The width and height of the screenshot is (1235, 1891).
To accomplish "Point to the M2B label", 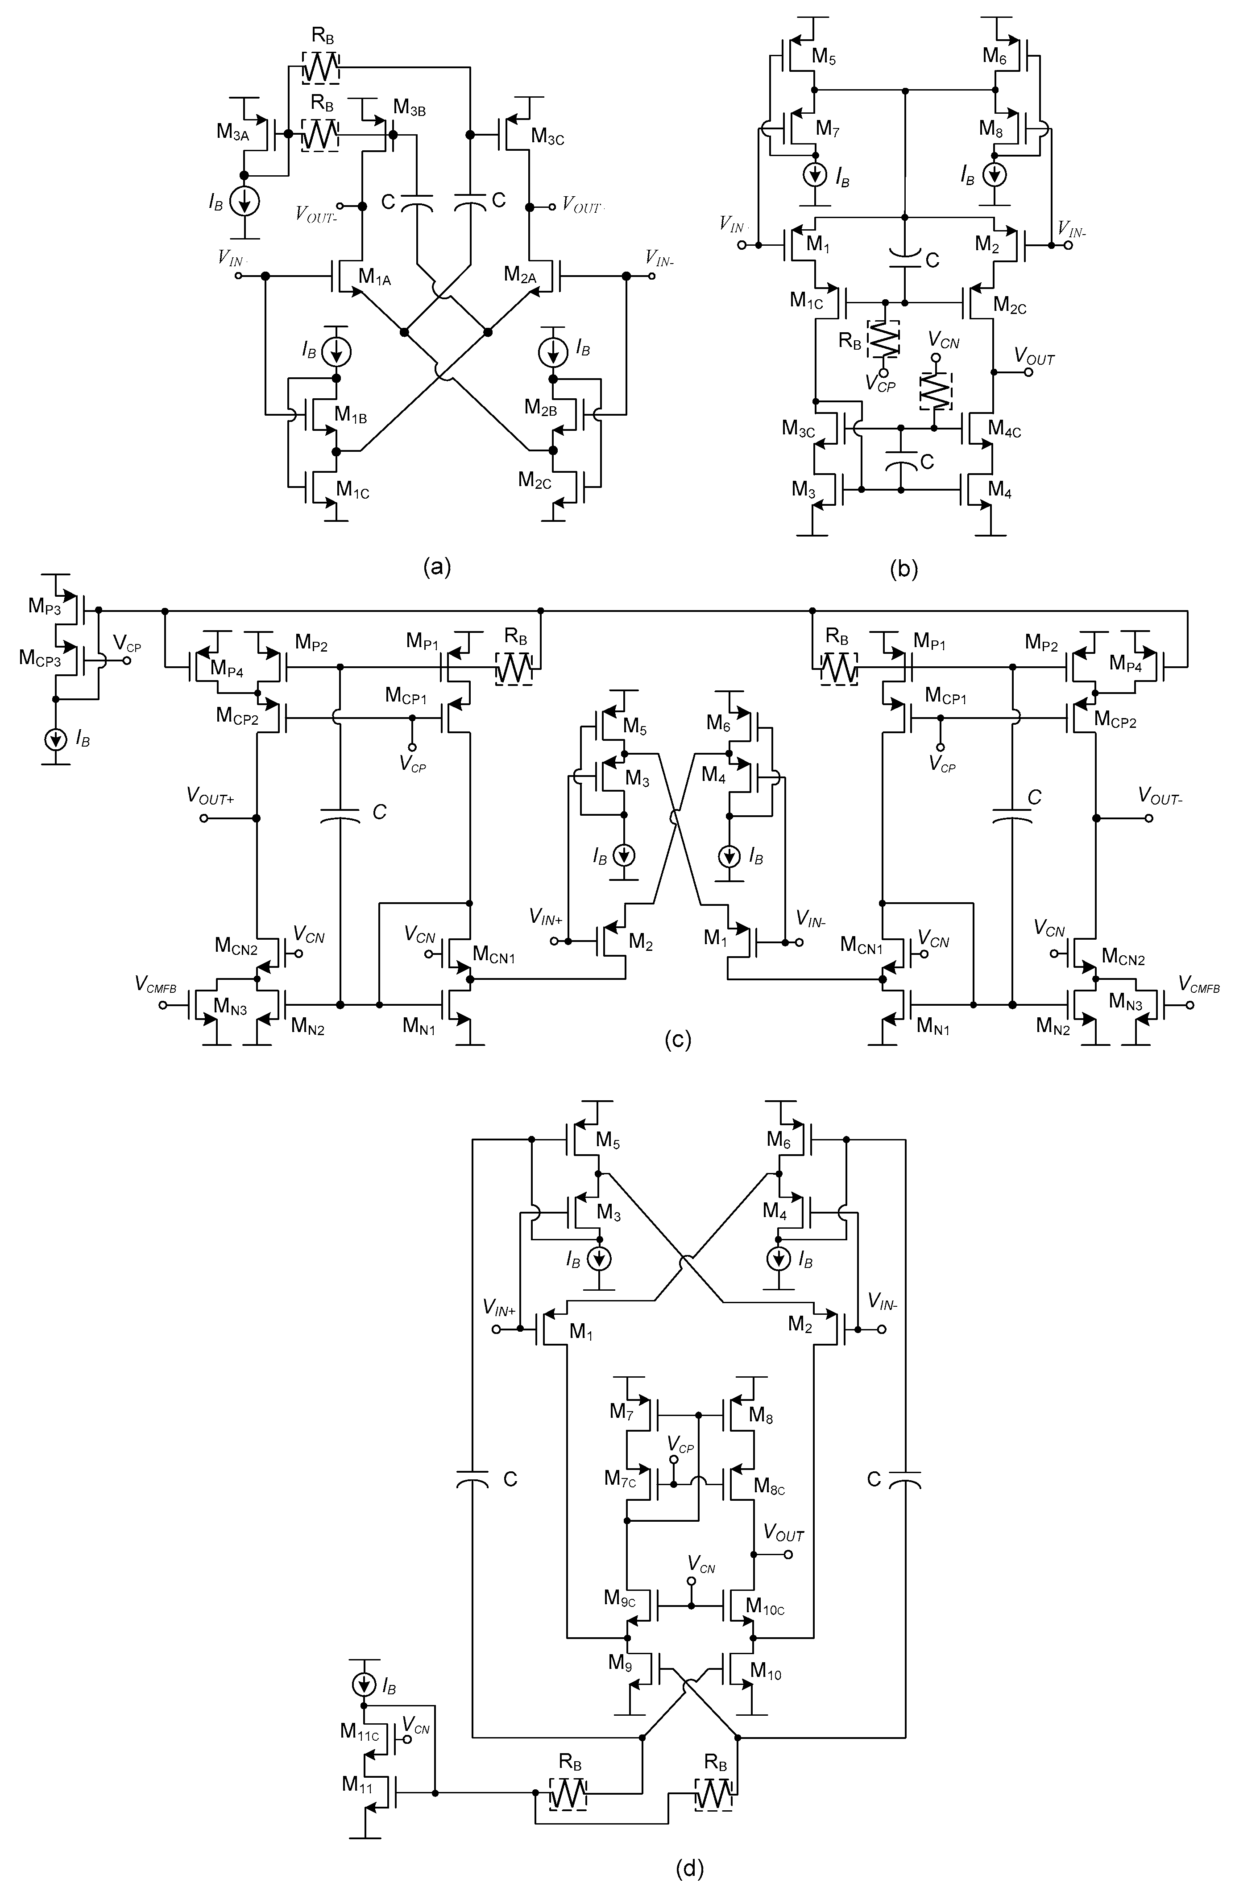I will click(x=540, y=408).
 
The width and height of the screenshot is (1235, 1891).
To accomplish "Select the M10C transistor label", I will click(x=765, y=1606).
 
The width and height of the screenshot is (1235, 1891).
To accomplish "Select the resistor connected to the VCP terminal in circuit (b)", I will click(x=883, y=339).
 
